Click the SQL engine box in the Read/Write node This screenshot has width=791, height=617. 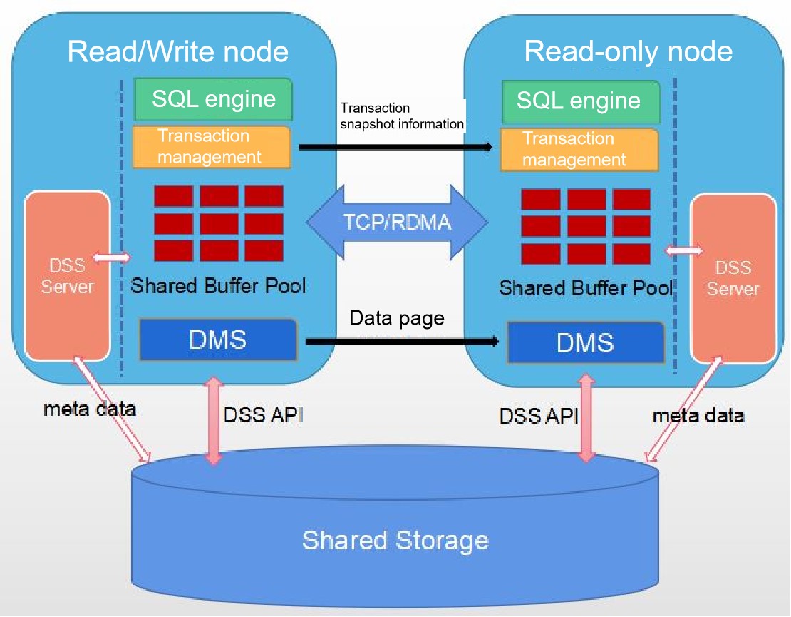214,99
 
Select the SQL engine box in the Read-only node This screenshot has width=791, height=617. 579,101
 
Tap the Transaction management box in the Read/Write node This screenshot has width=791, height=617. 212,147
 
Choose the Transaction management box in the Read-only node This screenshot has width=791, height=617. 579,150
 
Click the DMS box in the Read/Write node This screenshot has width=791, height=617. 218,340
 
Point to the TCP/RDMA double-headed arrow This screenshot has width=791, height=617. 397,222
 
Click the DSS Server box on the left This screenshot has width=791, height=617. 68,276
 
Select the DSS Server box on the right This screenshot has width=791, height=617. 733,278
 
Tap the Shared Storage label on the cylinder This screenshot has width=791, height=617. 395,539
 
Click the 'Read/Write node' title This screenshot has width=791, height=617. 178,52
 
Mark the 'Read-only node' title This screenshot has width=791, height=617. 628,52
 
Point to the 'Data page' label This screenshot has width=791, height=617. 397,317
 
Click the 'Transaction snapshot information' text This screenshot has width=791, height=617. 401,116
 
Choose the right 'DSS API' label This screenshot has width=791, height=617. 538,416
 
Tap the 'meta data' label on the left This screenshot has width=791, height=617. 89,409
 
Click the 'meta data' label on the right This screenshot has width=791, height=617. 698,415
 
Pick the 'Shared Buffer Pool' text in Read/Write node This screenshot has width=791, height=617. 218,287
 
